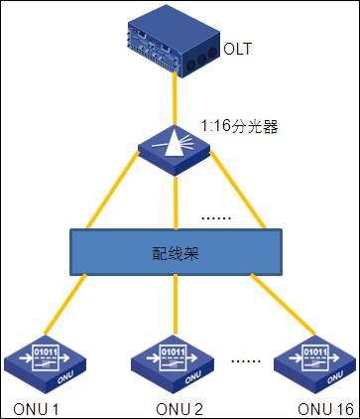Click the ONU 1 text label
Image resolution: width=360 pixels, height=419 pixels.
coord(37,409)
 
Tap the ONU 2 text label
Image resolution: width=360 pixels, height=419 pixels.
coord(180,409)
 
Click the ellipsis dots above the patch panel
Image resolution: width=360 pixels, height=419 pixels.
coord(215,216)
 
